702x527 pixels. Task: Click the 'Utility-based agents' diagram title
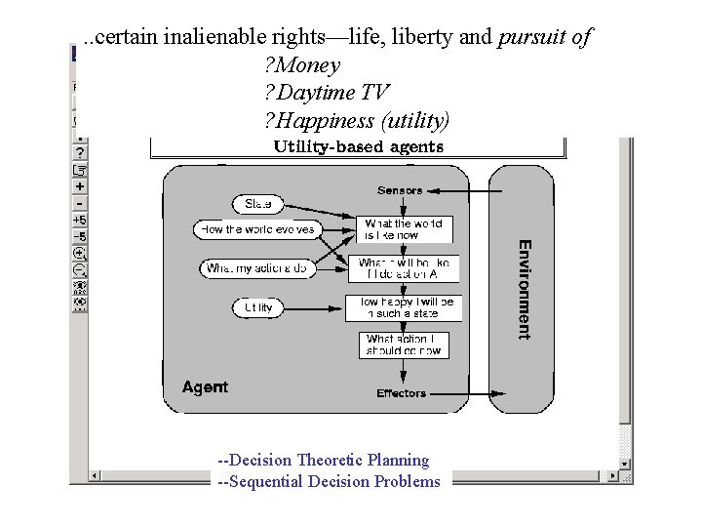tap(359, 147)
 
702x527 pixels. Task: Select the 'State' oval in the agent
tap(257, 204)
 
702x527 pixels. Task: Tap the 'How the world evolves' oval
tap(257, 229)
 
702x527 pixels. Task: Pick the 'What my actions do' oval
tap(256, 267)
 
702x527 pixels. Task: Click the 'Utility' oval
tap(257, 307)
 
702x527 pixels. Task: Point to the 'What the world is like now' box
tap(403, 229)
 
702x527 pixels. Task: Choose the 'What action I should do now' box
tap(403, 345)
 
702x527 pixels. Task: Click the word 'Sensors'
tap(400, 190)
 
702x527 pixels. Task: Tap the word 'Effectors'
tap(401, 393)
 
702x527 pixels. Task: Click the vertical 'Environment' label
tap(525, 289)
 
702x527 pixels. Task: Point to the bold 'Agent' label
tap(205, 387)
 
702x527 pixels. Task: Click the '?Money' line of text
tap(302, 66)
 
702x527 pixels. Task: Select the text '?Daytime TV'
tap(327, 94)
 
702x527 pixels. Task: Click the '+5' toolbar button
tap(80, 221)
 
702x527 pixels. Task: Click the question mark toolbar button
tap(80, 152)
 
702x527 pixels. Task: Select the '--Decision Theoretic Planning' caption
tap(323, 460)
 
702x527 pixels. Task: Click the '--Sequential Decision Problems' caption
tap(330, 481)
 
